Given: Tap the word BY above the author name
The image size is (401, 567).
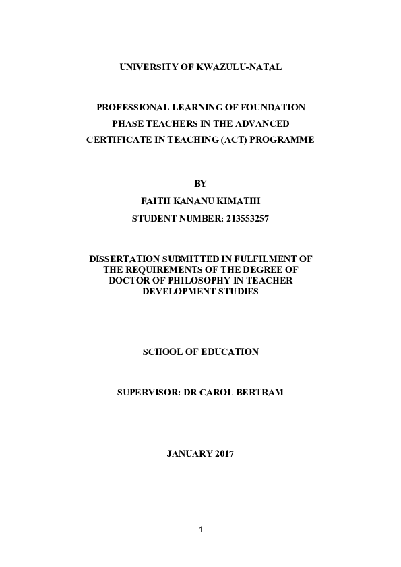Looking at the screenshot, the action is click(200, 183).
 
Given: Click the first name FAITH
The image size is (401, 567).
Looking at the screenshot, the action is click(154, 201).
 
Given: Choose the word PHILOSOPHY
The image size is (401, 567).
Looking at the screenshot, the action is click(201, 279).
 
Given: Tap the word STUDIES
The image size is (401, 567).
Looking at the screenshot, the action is click(238, 290).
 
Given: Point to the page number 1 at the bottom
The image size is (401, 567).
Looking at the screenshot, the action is click(200, 529).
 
